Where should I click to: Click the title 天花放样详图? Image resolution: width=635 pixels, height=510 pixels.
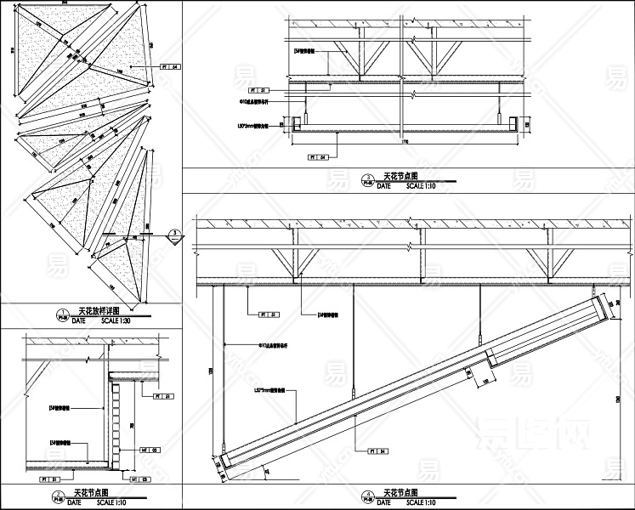pos(99,312)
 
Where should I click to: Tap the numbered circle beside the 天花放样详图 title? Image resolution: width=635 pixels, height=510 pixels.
pos(60,314)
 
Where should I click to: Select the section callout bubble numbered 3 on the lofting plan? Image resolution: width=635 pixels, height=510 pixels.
pos(173,234)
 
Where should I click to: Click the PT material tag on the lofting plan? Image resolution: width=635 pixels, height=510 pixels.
pos(170,65)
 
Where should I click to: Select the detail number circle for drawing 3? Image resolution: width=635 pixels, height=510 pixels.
pos(367,179)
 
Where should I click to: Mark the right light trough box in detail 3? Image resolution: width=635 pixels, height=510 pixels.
pos(513,124)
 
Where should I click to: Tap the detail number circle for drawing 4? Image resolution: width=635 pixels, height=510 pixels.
pos(367,495)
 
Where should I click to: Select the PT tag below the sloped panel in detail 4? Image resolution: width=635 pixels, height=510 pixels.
pos(373,451)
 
